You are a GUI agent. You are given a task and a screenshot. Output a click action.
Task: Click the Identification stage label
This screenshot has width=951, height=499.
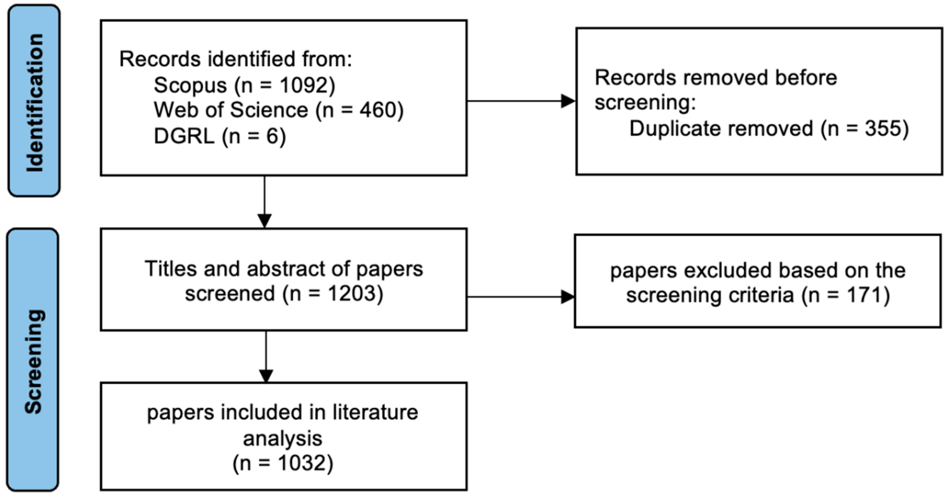(x=34, y=101)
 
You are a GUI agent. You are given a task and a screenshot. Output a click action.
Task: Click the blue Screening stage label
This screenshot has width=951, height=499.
(x=33, y=360)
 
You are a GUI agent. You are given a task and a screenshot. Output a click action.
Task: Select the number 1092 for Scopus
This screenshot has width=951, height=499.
(x=303, y=85)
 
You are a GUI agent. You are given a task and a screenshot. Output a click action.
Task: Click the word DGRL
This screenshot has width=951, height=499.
(x=184, y=136)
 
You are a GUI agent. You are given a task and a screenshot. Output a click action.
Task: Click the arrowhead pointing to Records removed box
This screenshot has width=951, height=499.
(x=568, y=101)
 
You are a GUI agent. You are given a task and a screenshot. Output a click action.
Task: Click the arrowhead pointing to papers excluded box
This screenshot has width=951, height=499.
(x=567, y=296)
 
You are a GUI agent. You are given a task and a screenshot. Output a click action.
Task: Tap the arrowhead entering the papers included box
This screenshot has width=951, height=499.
(x=266, y=376)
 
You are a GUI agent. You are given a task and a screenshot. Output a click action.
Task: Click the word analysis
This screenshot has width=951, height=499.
(x=282, y=439)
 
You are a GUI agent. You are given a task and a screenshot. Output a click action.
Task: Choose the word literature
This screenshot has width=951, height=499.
(x=375, y=413)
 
